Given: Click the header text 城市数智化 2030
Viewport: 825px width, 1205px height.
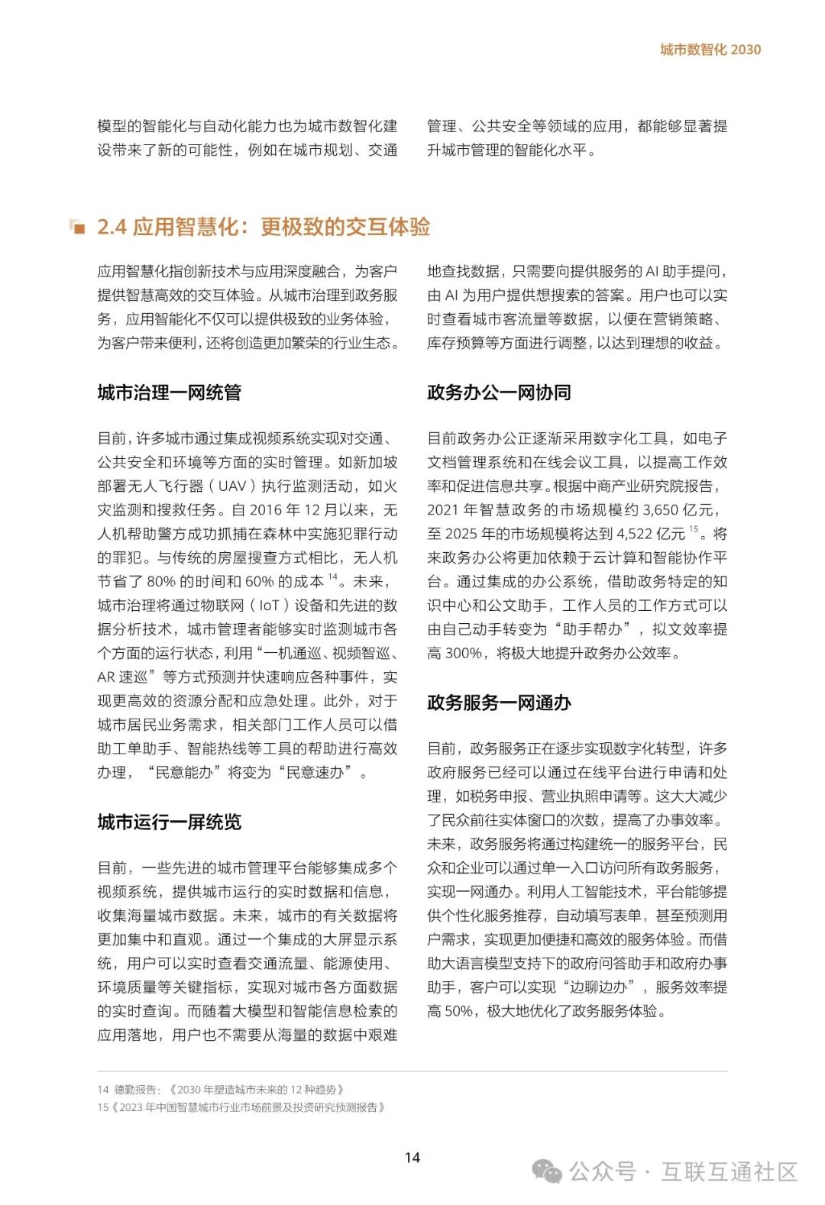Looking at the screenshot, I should click(x=710, y=50).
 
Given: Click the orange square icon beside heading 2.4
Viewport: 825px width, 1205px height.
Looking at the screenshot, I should click(x=77, y=227).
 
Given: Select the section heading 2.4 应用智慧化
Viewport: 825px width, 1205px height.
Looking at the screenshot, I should click(x=264, y=227).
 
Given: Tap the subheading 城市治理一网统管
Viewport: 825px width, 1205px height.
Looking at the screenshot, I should click(x=169, y=393).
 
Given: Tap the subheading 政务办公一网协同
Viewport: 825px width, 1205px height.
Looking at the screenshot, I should click(x=499, y=393).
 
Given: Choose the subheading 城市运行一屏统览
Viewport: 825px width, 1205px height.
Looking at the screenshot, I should click(x=169, y=822).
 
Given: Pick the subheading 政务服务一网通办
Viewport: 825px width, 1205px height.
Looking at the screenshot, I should click(x=499, y=703).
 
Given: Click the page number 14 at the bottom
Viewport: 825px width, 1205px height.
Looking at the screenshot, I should click(x=412, y=1158).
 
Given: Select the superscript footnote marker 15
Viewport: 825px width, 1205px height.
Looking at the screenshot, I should click(x=694, y=528).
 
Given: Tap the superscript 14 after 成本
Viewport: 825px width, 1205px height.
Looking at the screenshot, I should click(x=333, y=577).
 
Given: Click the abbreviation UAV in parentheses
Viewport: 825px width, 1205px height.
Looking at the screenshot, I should click(x=232, y=486).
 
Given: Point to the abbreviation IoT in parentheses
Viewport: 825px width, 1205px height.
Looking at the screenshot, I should click(x=269, y=606).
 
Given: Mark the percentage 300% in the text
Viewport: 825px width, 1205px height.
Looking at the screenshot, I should click(x=463, y=653).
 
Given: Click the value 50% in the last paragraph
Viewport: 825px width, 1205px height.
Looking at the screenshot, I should click(x=458, y=1011).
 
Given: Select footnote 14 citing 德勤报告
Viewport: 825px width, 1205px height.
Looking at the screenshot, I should click(x=221, y=1090).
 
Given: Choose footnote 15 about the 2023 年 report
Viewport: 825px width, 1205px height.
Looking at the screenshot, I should click(x=241, y=1107).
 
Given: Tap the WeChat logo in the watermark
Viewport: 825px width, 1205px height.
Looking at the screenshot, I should click(x=547, y=1171).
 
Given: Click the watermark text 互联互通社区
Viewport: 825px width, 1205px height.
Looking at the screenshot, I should click(x=729, y=1171).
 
